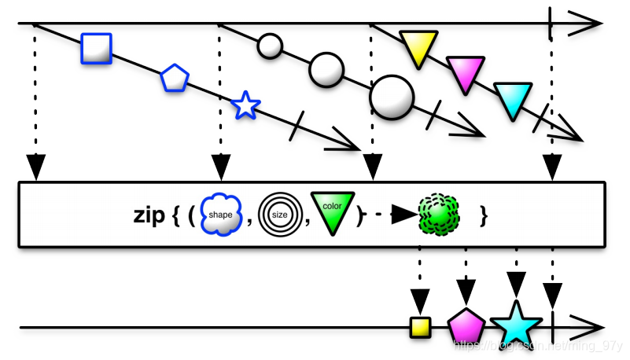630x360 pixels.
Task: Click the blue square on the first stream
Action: (96, 48)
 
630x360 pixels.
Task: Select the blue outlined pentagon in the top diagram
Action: (174, 79)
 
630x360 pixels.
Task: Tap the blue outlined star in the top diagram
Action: (246, 105)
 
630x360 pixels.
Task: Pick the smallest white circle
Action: (270, 46)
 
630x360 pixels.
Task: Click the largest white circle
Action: (391, 97)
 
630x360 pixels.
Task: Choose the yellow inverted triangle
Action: (416, 47)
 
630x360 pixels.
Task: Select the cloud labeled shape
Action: (221, 214)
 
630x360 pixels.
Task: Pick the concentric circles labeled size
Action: (279, 214)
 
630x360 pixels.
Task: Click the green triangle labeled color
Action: (331, 211)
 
